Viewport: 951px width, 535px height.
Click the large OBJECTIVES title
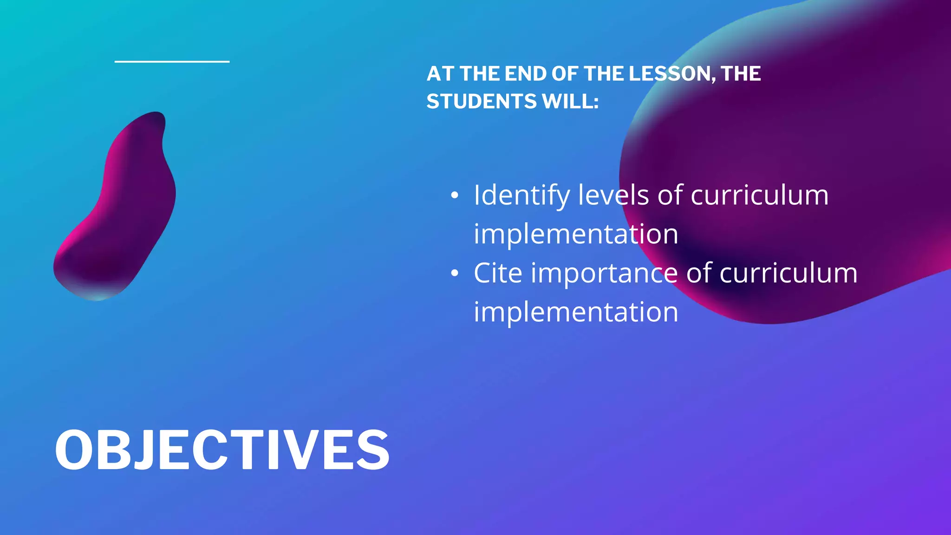[222, 450]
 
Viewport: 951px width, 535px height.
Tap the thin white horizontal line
[172, 61]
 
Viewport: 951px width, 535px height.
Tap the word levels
[613, 195]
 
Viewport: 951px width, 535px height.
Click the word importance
[604, 274]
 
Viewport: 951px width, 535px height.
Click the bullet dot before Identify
[455, 196]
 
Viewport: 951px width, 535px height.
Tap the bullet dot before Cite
[455, 274]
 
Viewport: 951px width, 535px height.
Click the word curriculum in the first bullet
[760, 195]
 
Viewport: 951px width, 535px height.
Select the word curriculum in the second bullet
[788, 273]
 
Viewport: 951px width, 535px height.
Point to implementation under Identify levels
[576, 234]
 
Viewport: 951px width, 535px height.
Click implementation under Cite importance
[576, 312]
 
